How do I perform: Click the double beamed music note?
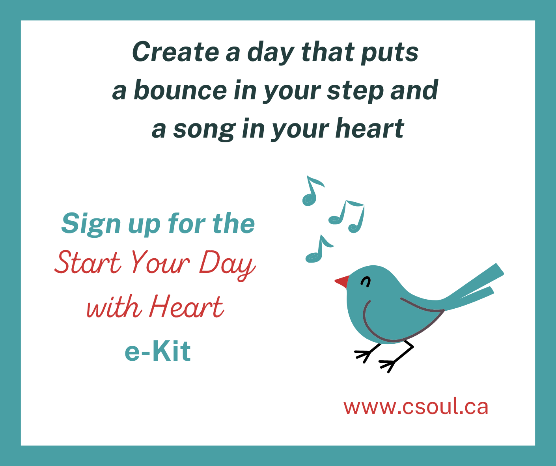[x=347, y=216]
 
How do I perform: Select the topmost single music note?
[x=312, y=191]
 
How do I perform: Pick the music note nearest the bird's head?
[x=318, y=249]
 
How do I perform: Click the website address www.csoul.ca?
[x=416, y=407]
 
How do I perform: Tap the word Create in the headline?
[x=175, y=52]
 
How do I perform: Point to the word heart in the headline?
[x=370, y=129]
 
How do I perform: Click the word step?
[x=355, y=91]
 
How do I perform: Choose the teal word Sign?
[x=91, y=224]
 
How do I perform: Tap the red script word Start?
[x=88, y=262]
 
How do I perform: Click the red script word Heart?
[x=187, y=306]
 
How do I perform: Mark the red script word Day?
[x=228, y=265]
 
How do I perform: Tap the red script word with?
[x=113, y=306]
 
